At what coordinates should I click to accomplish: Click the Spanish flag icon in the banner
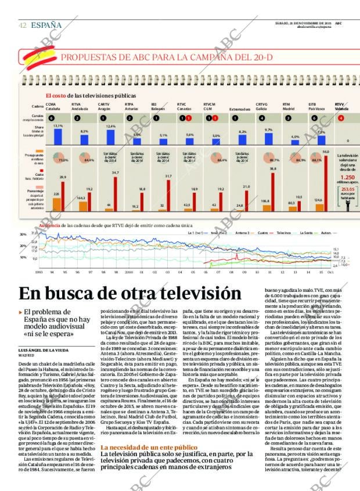click(x=39, y=56)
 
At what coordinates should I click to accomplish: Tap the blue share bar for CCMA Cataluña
click(x=58, y=136)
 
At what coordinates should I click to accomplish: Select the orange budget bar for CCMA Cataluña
click(x=56, y=203)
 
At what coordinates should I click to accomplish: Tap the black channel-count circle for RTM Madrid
click(x=289, y=118)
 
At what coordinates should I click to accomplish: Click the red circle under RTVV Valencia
click(x=341, y=118)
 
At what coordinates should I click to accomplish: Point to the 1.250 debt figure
click(x=347, y=178)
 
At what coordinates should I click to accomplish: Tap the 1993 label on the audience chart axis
click(x=39, y=271)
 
